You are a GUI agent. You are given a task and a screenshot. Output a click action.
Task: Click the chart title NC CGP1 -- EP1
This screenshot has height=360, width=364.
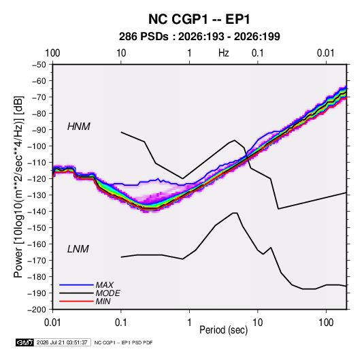(x=199, y=19)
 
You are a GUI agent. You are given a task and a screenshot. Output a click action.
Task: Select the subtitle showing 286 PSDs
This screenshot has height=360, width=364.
(x=199, y=37)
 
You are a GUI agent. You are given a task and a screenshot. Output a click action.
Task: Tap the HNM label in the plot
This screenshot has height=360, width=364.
(x=79, y=127)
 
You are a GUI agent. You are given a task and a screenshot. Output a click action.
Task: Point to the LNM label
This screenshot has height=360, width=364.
(x=78, y=249)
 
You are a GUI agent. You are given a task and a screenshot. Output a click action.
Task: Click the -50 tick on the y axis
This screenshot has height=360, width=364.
(x=39, y=65)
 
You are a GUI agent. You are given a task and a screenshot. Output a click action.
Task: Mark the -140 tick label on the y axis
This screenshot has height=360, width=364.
(x=37, y=212)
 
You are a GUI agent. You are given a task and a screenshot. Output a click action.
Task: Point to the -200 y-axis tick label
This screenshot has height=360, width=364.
(x=37, y=310)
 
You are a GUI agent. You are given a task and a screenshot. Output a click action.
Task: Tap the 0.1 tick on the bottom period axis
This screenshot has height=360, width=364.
(x=121, y=323)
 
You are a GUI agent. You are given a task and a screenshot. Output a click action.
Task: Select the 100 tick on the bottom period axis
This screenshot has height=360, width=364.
(x=326, y=323)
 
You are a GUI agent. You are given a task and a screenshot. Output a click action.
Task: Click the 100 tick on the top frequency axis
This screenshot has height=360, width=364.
(x=52, y=53)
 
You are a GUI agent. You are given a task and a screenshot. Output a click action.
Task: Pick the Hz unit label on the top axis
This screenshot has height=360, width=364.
(x=224, y=53)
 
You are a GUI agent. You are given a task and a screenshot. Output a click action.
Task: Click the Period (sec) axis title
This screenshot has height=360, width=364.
(x=224, y=330)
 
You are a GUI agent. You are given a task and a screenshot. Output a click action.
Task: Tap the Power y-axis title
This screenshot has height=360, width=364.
(x=18, y=186)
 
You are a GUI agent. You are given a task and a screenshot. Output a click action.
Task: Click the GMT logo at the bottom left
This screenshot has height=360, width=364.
(x=25, y=342)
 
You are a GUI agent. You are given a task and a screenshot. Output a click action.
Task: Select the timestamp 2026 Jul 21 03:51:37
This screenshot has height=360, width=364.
(x=62, y=342)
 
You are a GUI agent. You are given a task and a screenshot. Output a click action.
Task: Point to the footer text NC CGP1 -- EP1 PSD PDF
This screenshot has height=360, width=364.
(x=124, y=342)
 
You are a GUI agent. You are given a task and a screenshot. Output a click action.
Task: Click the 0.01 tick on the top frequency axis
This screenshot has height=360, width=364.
(x=326, y=53)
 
